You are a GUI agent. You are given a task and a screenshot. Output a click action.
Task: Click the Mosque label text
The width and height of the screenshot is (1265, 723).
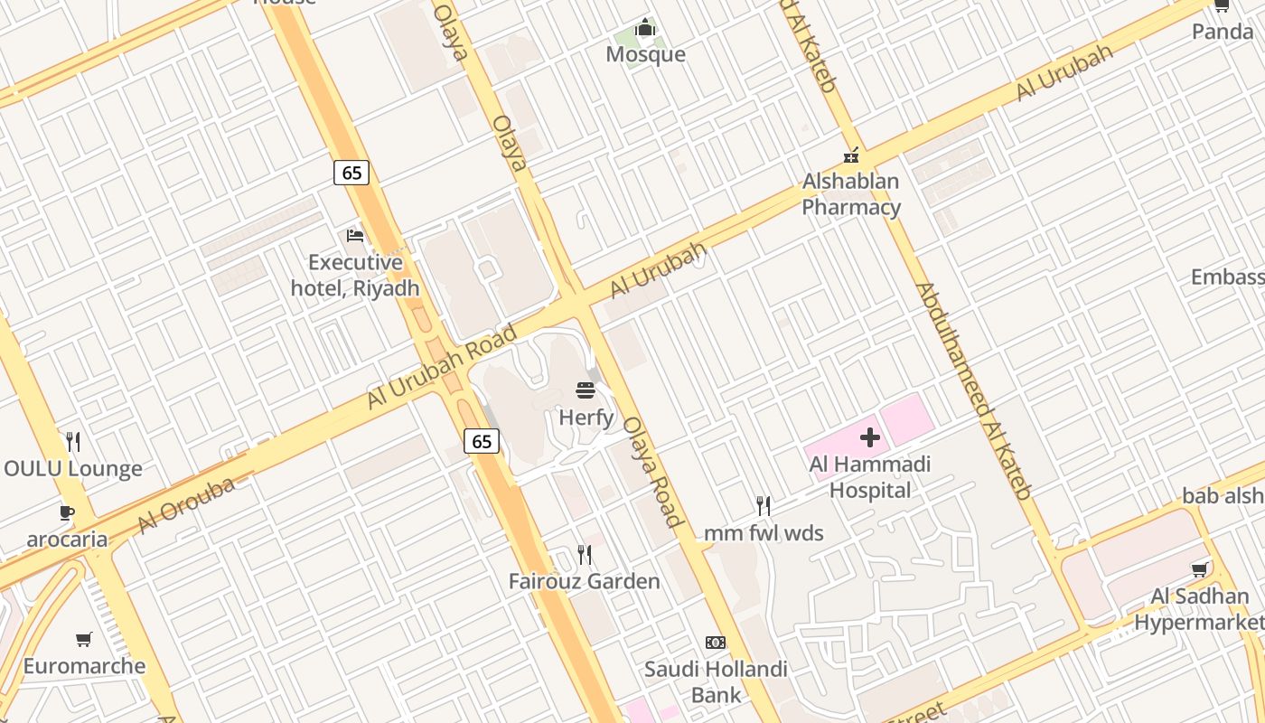[645, 54]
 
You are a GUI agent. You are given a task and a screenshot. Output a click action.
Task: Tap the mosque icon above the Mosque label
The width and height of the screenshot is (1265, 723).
[645, 28]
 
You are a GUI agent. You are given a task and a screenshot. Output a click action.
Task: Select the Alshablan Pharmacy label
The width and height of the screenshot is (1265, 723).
[851, 194]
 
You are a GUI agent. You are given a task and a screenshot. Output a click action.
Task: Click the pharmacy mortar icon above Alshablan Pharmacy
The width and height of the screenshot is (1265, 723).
[850, 155]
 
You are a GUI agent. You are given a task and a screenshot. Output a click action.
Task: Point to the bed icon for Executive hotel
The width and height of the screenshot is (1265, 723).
[355, 236]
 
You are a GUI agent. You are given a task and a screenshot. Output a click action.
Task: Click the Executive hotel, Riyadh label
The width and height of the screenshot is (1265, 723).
[355, 276]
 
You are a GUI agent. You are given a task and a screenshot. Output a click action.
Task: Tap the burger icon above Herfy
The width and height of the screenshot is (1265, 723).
[586, 390]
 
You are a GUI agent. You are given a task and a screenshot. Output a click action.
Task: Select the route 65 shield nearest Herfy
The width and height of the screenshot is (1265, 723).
[482, 441]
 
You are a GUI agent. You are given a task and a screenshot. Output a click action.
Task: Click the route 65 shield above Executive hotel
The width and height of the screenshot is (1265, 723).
[351, 172]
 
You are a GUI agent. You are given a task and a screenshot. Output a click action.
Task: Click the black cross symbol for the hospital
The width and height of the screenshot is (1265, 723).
[869, 438]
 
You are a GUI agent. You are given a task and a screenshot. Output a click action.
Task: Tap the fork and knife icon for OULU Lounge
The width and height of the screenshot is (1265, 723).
[73, 442]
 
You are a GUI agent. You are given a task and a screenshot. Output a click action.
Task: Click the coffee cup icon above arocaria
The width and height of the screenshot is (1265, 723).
[67, 512]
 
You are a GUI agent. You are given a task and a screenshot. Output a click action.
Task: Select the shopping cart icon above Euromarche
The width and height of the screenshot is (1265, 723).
[84, 640]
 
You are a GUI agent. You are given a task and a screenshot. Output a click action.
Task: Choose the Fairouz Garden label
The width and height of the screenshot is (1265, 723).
[585, 581]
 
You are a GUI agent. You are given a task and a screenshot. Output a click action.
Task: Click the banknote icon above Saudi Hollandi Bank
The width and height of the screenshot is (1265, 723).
[716, 643]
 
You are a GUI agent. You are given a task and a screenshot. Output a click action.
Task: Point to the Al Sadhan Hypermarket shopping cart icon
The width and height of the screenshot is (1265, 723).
[1200, 569]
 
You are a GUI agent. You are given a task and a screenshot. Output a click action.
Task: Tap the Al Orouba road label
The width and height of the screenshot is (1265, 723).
[186, 505]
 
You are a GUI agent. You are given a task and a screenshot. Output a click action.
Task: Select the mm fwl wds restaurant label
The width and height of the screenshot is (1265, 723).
[764, 533]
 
